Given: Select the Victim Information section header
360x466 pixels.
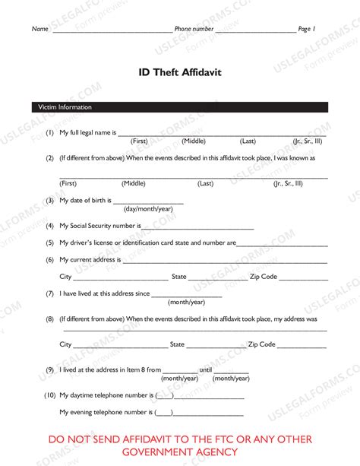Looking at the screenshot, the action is tap(65, 107).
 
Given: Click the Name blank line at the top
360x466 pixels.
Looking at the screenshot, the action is tap(112, 31).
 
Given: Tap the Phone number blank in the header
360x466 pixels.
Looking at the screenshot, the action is tap(255, 31).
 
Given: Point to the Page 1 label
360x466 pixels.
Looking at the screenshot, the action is tap(307, 29).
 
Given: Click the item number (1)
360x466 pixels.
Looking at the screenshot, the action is tap(49, 133).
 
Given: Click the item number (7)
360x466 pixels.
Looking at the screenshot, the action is tap(49, 293).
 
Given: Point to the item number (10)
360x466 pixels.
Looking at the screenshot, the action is tap(48, 395).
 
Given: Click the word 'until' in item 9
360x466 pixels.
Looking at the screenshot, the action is tap(206, 369).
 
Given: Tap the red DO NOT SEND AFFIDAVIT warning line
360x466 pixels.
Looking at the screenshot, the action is tap(180, 439).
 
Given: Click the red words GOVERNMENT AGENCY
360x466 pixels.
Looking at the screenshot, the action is tap(180, 453).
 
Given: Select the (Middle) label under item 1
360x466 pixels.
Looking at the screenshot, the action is tap(194, 141).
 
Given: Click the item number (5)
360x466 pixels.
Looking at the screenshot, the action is tap(49, 243).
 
